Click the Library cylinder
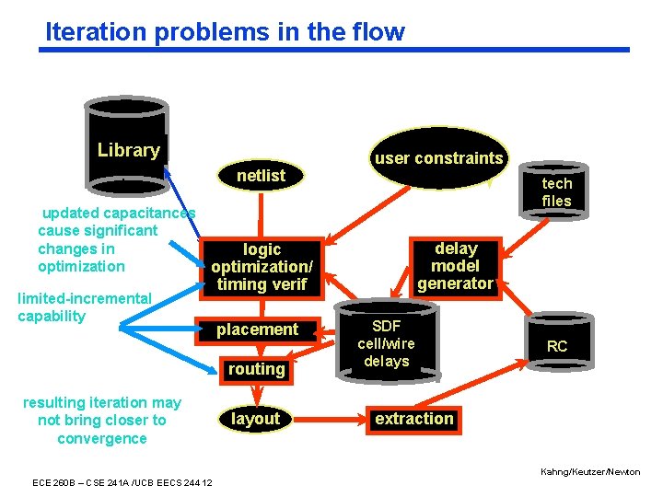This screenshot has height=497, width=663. click(127, 138)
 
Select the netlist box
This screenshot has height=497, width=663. click(262, 175)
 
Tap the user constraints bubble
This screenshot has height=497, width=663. click(438, 157)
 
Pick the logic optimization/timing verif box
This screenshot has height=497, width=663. click(262, 267)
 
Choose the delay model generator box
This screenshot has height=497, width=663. click(456, 266)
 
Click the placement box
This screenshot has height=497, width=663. click(257, 329)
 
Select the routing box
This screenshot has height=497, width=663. click(256, 369)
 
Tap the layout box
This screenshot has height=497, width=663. click(255, 419)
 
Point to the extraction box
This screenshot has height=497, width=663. click(413, 419)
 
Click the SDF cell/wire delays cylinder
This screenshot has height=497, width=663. click(387, 342)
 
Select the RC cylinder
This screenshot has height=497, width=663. click(557, 346)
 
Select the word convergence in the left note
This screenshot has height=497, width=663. click(102, 438)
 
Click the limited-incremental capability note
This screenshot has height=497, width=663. click(84, 307)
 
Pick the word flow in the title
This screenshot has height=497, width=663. click(379, 32)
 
